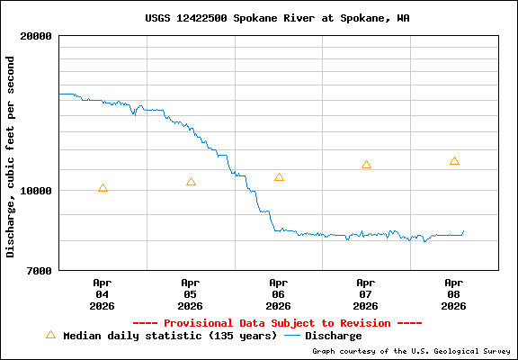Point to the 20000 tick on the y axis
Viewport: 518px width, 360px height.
coord(37,36)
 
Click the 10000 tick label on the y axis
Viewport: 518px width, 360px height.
coord(37,191)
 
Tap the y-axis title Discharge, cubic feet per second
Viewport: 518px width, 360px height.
coord(11,157)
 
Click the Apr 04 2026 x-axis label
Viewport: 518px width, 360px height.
coord(103,293)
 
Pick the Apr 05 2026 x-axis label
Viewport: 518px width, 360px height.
coord(191,293)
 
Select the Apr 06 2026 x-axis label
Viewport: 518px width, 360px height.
coord(279,293)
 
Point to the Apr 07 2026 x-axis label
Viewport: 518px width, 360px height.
coord(366,293)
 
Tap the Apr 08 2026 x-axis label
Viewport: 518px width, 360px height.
coord(454,293)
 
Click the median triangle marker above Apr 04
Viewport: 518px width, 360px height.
coord(103,188)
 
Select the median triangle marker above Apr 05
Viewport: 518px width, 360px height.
coord(191,182)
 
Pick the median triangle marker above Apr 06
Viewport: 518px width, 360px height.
coord(279,177)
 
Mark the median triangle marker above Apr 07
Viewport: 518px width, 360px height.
coord(366,165)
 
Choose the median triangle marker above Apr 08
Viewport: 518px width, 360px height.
coord(454,161)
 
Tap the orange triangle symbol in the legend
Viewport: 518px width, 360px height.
coord(50,334)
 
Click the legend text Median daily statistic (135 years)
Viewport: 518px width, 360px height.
coord(170,336)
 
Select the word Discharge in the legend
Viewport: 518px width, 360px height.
coord(334,336)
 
